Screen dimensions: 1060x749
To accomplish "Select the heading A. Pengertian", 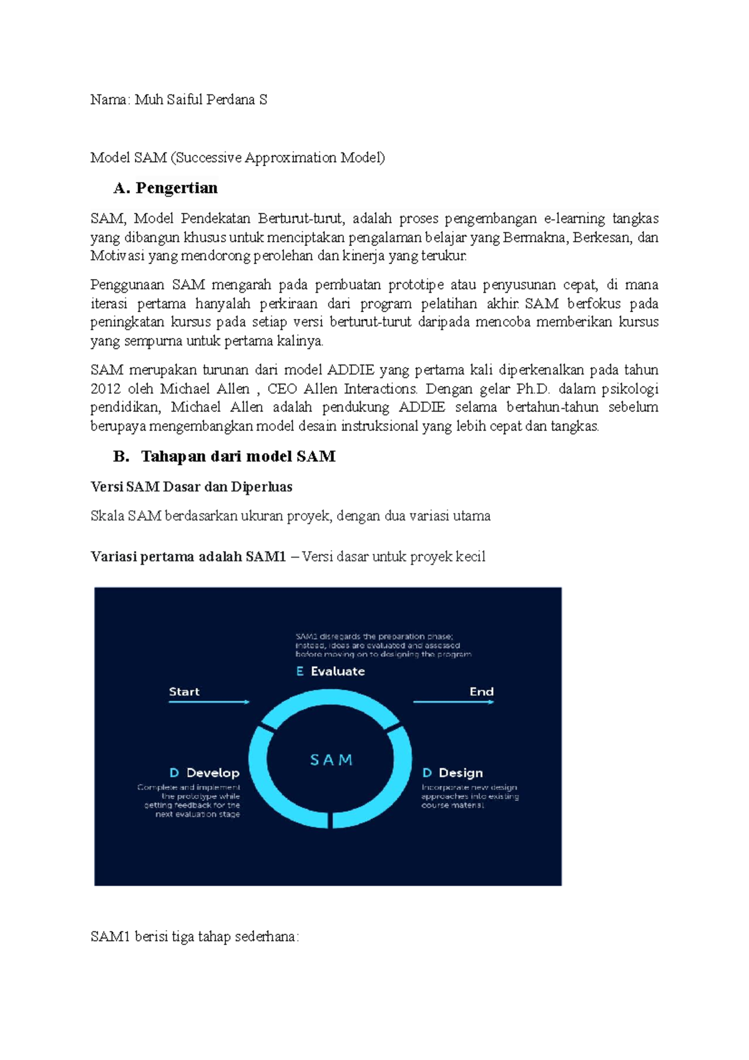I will (x=165, y=188).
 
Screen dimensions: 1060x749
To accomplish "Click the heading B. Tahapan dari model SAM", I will (x=225, y=456).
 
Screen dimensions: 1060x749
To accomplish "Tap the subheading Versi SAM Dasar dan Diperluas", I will (x=191, y=487).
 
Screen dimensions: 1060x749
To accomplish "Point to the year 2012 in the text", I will (x=105, y=389).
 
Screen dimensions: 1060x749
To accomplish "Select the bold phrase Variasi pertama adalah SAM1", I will (x=188, y=557).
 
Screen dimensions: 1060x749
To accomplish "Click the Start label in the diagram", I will (x=184, y=692).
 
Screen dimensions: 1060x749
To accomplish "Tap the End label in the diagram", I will (x=481, y=692).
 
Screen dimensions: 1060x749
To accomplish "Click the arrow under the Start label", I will (x=208, y=702).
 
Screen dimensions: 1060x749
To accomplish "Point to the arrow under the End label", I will (x=453, y=702).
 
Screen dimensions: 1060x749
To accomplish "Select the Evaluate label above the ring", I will (x=337, y=672).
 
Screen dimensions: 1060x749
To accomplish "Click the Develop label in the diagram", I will (x=212, y=773).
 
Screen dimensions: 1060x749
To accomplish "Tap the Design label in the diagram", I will (x=460, y=773).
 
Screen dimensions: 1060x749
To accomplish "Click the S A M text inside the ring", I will (x=331, y=760).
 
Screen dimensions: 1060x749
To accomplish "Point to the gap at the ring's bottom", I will (x=330, y=820).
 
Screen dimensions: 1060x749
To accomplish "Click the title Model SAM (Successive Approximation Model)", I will (x=237, y=158).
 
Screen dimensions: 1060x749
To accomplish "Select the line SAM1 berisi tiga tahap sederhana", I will (x=195, y=937).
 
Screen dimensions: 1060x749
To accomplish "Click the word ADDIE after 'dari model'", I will (x=351, y=370).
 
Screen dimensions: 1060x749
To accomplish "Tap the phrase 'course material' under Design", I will (x=453, y=806).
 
